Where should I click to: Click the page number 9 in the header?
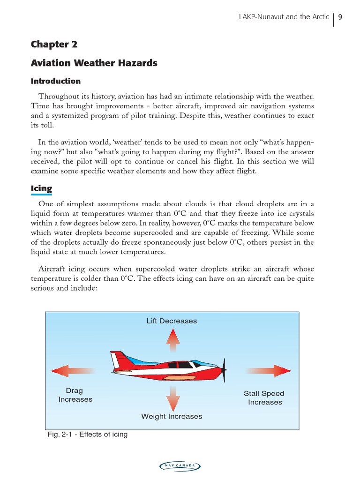[x=340, y=17]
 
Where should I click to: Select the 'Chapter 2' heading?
[x=54, y=44]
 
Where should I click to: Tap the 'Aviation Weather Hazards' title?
[x=94, y=62]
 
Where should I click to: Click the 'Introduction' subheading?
[x=55, y=81]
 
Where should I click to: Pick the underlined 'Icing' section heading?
[x=41, y=189]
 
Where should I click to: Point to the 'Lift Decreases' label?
[x=172, y=321]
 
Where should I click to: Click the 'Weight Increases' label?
[x=172, y=416]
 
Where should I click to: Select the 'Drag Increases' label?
[x=75, y=395]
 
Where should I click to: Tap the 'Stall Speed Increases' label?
[x=264, y=398]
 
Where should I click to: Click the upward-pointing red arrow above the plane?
[x=172, y=340]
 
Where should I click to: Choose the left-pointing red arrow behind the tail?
[x=73, y=371]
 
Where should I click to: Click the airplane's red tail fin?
[x=119, y=360]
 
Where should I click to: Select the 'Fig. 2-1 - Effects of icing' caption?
[x=88, y=435]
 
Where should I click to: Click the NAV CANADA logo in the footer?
[x=180, y=465]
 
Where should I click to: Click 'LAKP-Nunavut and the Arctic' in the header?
[x=284, y=17]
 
